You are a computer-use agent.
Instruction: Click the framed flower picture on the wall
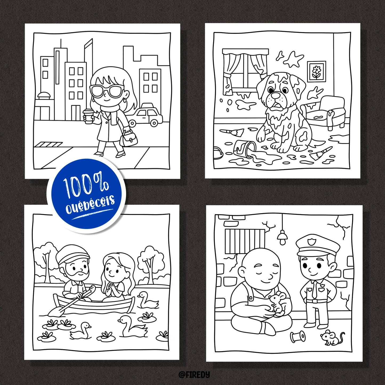point(316,71)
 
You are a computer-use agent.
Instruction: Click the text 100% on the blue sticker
point(86,186)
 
